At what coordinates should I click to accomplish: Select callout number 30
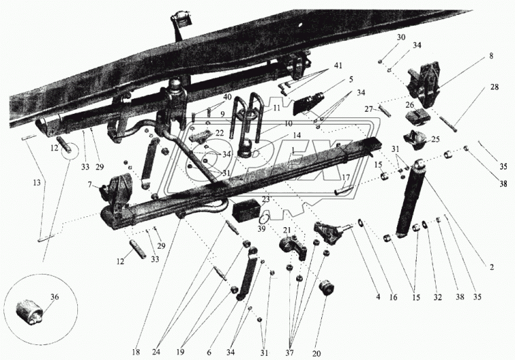400,37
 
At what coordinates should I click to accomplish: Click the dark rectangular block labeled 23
245,210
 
